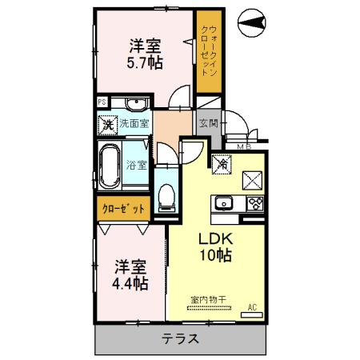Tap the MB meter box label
pyautogui.click(x=242, y=146)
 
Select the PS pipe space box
pyautogui.click(x=102, y=102)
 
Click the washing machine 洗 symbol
pyautogui.click(x=107, y=125)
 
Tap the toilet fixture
pyautogui.click(x=166, y=194)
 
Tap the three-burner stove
pyautogui.click(x=254, y=202)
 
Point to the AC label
pyautogui.click(x=252, y=306)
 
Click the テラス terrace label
pyautogui.click(x=182, y=338)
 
